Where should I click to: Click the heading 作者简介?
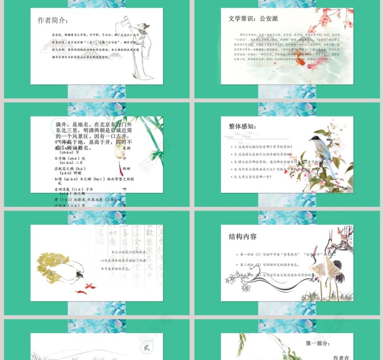pyautogui.click(x=53, y=21)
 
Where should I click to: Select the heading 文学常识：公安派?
pyautogui.click(x=253, y=19)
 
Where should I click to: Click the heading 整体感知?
pyautogui.click(x=242, y=127)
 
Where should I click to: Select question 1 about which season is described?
pyautogui.click(x=262, y=147)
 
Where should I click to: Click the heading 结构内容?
pyautogui.click(x=243, y=237)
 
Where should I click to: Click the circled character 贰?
pyautogui.click(x=146, y=348)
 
